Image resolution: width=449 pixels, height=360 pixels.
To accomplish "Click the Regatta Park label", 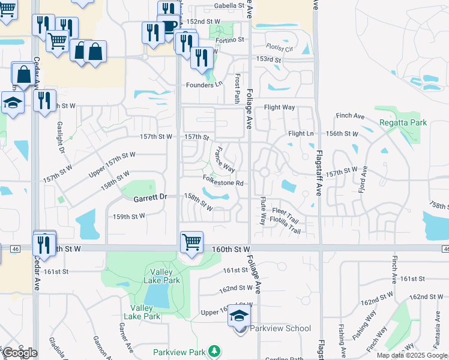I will click(x=403, y=122).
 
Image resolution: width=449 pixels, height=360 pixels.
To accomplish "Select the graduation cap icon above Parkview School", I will click(x=239, y=317).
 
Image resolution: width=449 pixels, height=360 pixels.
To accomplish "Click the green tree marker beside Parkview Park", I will click(x=213, y=352).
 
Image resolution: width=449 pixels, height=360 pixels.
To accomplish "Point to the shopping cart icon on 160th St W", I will click(x=191, y=242).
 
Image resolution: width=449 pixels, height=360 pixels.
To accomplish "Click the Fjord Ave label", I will click(x=363, y=179).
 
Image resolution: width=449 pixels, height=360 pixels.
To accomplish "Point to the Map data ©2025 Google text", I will click(x=412, y=355).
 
